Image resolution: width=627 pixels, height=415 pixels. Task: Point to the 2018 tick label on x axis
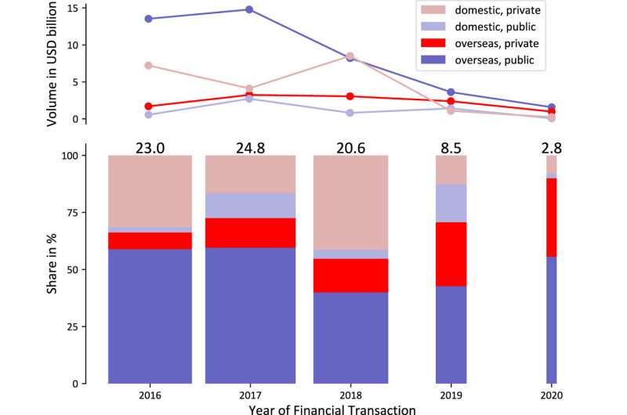coord(350,395)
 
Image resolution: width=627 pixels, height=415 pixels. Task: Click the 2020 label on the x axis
coord(552,395)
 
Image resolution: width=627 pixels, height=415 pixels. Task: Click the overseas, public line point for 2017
coord(248,9)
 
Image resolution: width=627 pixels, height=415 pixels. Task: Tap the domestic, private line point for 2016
coord(148,66)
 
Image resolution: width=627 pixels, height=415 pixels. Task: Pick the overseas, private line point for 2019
coord(451,102)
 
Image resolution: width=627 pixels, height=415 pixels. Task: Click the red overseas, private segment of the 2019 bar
coord(451,254)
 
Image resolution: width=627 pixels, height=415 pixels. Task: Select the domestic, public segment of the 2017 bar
coord(250,205)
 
